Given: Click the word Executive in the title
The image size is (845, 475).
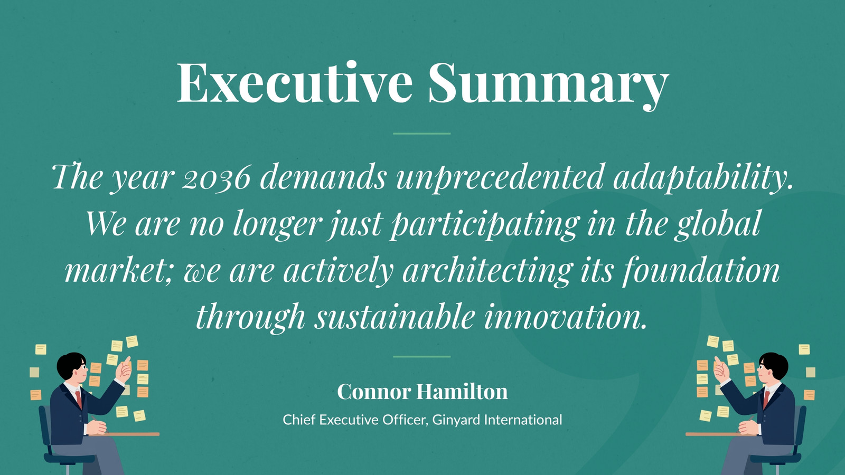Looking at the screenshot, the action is [295, 82].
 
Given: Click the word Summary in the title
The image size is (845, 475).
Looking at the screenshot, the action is [549, 85].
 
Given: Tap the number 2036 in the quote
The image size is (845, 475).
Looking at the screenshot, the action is [216, 177].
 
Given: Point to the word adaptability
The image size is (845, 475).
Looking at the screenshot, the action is [703, 177].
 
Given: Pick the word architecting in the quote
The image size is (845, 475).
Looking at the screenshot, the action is [486, 271].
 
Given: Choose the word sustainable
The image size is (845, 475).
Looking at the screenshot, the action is [395, 317].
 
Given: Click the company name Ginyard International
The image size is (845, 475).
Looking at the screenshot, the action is [497, 420].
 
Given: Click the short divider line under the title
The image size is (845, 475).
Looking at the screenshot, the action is [422, 134].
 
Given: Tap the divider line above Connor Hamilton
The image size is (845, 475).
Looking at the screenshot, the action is [422, 357].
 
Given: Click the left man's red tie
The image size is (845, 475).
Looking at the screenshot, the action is [79, 400].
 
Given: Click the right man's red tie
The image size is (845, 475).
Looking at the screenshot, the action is [766, 400].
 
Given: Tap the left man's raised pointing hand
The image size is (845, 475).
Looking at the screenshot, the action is [124, 369].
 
